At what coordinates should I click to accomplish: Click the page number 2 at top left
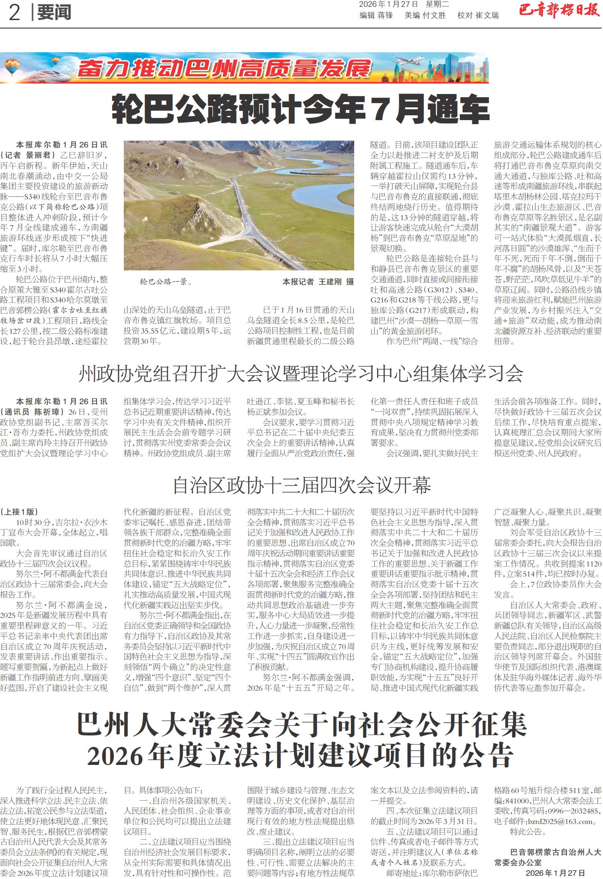coord(14,13)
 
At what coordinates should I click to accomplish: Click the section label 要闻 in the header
coord(54,13)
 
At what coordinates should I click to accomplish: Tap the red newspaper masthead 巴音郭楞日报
coord(559,11)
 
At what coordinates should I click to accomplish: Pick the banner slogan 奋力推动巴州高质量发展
coord(224,69)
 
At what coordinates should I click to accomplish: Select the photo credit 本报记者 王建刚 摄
coord(318,282)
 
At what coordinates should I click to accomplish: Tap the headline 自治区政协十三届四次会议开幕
coord(301,485)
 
